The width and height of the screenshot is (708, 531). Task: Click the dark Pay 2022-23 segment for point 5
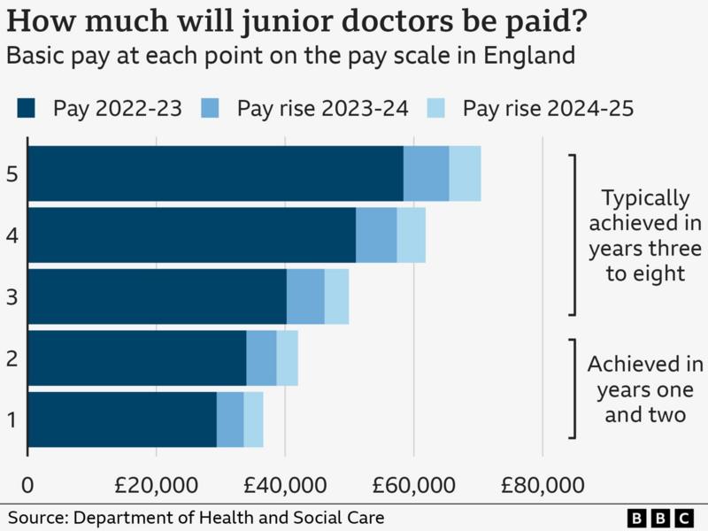pyautogui.click(x=217, y=173)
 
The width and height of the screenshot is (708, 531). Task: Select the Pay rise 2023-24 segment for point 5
pyautogui.click(x=426, y=173)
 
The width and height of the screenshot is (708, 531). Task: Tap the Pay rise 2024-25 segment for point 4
pyautogui.click(x=411, y=235)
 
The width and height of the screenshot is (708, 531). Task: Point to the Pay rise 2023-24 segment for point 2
pyautogui.click(x=261, y=358)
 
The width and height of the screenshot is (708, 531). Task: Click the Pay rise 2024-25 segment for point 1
pyautogui.click(x=253, y=419)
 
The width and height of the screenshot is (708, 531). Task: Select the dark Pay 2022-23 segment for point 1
pyautogui.click(x=123, y=419)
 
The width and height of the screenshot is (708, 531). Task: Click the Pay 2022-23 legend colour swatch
pyautogui.click(x=27, y=109)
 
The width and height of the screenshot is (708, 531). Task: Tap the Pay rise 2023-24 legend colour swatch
pyautogui.click(x=212, y=109)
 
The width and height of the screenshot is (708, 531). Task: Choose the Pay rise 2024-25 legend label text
pyautogui.click(x=549, y=109)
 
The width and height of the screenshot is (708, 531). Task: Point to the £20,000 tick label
pyautogui.click(x=156, y=485)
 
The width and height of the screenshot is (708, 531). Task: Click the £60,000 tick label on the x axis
pyautogui.click(x=413, y=485)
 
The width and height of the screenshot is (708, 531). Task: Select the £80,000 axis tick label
pyautogui.click(x=542, y=485)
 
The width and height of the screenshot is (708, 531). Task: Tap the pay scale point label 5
pyautogui.click(x=12, y=173)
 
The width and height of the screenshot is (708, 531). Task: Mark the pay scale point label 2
pyautogui.click(x=12, y=358)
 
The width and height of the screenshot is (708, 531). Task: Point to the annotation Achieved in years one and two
pyautogui.click(x=645, y=389)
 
